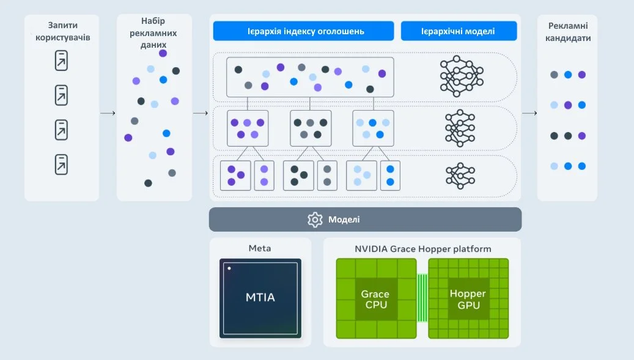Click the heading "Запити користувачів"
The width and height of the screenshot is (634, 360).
[x=61, y=31]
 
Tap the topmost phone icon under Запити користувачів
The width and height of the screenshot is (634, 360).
[x=61, y=61]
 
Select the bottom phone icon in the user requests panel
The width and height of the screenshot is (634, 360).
[x=61, y=164]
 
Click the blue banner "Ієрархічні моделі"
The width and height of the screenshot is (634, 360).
[x=459, y=31]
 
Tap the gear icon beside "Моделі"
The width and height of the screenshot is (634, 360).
[x=315, y=219]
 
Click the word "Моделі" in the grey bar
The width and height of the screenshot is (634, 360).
[x=344, y=219]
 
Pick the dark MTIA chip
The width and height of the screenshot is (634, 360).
[x=260, y=298]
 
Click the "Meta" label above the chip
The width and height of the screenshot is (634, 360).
[x=260, y=248]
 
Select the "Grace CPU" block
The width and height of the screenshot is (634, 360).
[x=375, y=298]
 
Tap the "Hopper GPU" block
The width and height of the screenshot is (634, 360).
[x=468, y=298]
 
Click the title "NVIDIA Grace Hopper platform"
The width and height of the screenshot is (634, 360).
[x=422, y=249]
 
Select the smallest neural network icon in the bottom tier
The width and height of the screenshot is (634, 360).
[x=460, y=175]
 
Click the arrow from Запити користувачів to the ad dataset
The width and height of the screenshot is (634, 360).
[x=108, y=113]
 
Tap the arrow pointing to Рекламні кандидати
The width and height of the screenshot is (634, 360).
[x=529, y=113]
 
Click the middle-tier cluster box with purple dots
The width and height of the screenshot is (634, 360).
[x=247, y=128]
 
